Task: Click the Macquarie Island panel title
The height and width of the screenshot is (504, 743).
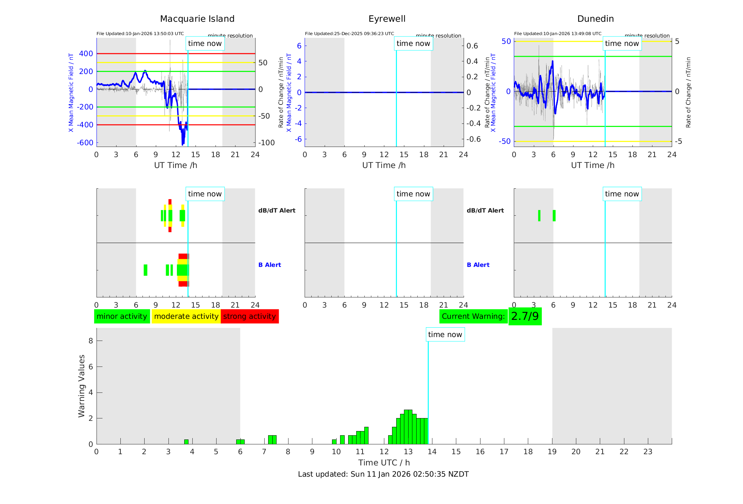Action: click(x=197, y=19)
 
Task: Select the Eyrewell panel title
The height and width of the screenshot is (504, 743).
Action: click(x=387, y=19)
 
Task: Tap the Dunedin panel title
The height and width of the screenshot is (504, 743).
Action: click(x=595, y=19)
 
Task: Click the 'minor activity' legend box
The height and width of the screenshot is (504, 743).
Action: click(x=122, y=316)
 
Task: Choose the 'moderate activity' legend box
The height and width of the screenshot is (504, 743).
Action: click(x=186, y=316)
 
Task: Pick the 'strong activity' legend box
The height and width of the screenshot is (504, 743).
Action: click(x=250, y=316)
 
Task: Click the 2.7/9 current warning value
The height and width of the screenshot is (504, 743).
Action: click(x=525, y=316)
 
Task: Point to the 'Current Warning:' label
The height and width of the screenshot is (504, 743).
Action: click(x=473, y=316)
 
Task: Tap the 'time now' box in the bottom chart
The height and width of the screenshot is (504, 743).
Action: click(x=445, y=335)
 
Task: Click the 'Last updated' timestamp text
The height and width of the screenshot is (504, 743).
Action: click(x=383, y=474)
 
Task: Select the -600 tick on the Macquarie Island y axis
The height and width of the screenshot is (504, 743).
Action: click(x=85, y=143)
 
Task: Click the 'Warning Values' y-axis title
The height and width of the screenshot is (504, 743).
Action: click(x=82, y=386)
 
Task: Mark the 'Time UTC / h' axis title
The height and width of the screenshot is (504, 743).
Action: click(x=384, y=463)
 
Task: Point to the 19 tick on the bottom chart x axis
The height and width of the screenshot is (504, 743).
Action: click(x=552, y=452)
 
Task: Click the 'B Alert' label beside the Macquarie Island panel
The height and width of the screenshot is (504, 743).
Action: click(x=270, y=265)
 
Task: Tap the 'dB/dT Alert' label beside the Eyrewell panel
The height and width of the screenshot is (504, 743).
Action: click(x=485, y=210)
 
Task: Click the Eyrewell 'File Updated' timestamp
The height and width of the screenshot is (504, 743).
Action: click(x=349, y=34)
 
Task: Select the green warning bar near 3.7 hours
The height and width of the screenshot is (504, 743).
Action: click(x=186, y=442)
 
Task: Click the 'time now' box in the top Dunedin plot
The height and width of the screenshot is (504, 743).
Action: click(x=622, y=43)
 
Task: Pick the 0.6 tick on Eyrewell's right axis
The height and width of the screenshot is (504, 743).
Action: click(x=472, y=46)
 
